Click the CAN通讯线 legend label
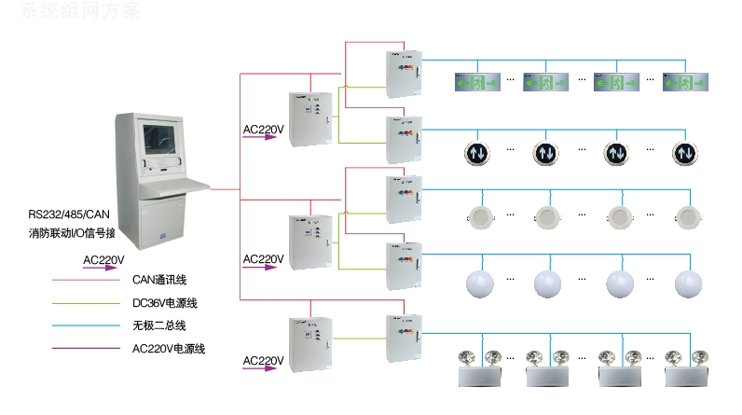[159, 278]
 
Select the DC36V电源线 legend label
[164, 302]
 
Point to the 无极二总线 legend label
[159, 325]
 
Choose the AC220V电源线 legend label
[169, 349]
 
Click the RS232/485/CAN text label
[76, 214]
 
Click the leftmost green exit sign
[476, 82]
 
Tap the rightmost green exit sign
[687, 82]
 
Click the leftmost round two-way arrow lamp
[476, 151]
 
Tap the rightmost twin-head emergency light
[688, 367]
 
